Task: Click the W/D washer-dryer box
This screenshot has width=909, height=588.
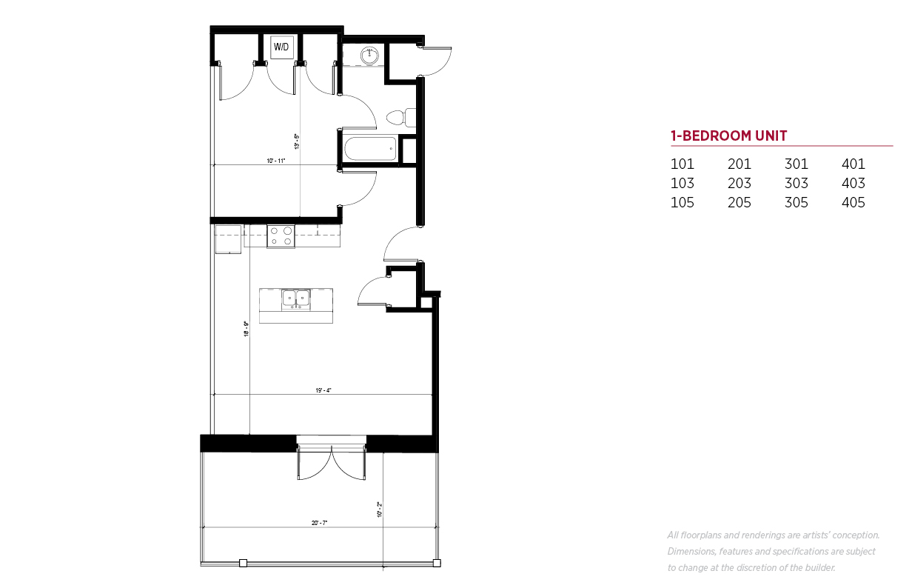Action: click(x=281, y=47)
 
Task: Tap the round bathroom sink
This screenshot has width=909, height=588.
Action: click(x=369, y=56)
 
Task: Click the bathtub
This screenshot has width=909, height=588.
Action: click(x=371, y=149)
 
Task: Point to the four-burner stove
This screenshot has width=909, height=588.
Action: click(x=281, y=236)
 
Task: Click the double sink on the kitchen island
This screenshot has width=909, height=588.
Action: click(x=296, y=299)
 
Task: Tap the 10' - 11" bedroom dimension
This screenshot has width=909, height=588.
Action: click(x=276, y=161)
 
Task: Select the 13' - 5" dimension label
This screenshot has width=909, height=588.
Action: click(x=297, y=141)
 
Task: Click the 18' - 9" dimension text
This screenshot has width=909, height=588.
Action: click(x=246, y=329)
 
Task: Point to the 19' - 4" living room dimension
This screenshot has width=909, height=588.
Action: click(x=323, y=390)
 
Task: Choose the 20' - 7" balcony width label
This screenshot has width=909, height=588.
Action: click(x=319, y=523)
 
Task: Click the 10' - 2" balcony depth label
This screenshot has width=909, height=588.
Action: click(x=380, y=510)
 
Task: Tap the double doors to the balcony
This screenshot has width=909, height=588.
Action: click(x=331, y=463)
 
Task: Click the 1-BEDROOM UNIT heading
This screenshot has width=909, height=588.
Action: click(x=729, y=136)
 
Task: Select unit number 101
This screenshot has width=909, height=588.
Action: click(x=682, y=164)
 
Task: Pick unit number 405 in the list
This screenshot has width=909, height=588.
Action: click(x=853, y=203)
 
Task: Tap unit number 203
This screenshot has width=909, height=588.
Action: click(x=739, y=183)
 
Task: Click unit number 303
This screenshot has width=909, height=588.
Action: click(x=796, y=183)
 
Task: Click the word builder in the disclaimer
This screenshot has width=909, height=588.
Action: click(x=820, y=567)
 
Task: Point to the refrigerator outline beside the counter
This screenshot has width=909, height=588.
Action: click(x=228, y=238)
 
